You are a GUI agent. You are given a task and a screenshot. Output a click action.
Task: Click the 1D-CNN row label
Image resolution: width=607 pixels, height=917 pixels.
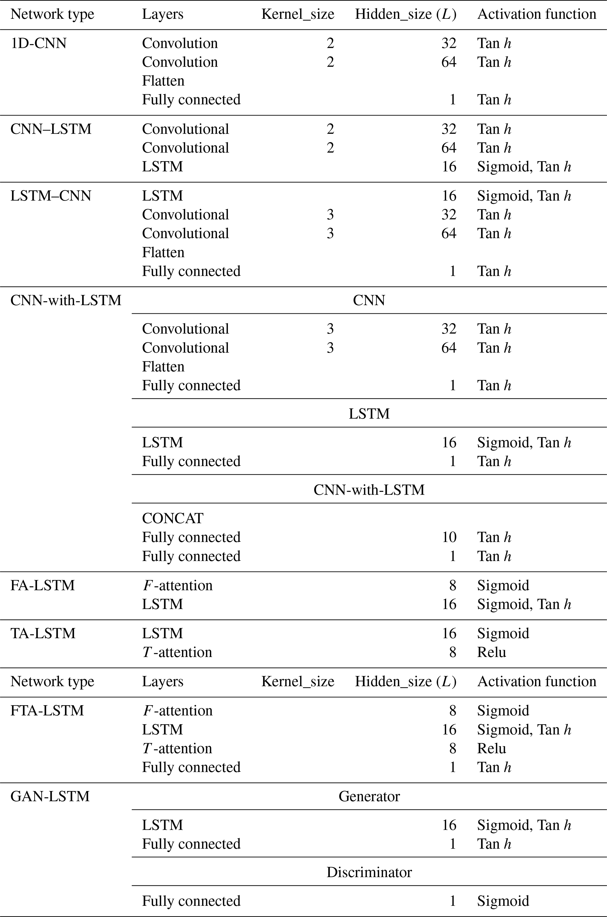tap(38, 43)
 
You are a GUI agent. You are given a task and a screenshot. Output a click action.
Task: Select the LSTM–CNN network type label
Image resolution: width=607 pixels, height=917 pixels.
tap(51, 196)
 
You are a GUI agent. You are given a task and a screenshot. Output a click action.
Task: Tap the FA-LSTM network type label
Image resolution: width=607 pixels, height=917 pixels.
tap(43, 585)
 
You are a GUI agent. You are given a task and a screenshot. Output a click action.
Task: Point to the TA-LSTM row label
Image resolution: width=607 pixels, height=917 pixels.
tap(43, 633)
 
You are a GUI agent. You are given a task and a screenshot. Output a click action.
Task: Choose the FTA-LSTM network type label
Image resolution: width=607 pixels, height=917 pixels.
tap(47, 711)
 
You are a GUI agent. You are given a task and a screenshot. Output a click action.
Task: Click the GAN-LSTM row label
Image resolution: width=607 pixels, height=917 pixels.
tap(50, 796)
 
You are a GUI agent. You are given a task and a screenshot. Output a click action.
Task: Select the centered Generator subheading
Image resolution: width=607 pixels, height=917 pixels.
tap(369, 796)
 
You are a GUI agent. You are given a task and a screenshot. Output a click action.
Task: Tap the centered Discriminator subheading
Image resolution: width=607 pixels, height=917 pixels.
tap(369, 872)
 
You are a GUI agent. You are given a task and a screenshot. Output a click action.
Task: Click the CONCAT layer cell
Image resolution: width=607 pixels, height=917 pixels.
tap(173, 518)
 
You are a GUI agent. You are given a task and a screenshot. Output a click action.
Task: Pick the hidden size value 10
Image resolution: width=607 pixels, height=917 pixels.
tap(449, 537)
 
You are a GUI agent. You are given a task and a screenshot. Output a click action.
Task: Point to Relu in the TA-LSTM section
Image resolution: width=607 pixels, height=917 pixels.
tap(491, 652)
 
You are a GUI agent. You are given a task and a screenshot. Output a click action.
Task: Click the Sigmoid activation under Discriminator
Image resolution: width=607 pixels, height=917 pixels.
tap(503, 901)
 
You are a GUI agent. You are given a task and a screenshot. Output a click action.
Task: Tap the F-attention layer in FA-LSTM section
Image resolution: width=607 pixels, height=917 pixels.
tap(177, 585)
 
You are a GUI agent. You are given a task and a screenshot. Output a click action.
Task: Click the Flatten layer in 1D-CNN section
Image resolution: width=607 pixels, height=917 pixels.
tap(163, 81)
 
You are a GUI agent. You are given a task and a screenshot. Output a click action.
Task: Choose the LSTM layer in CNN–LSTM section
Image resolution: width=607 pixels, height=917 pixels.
tap(162, 167)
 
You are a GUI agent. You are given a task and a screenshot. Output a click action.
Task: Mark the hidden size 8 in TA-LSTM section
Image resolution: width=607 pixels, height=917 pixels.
tap(453, 652)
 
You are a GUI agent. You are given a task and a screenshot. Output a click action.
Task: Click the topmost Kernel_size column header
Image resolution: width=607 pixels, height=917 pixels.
tap(298, 14)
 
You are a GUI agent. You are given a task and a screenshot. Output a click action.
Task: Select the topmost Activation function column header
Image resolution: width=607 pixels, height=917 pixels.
tap(537, 14)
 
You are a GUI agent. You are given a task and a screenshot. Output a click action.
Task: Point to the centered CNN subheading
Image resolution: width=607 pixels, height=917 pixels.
tap(369, 300)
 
